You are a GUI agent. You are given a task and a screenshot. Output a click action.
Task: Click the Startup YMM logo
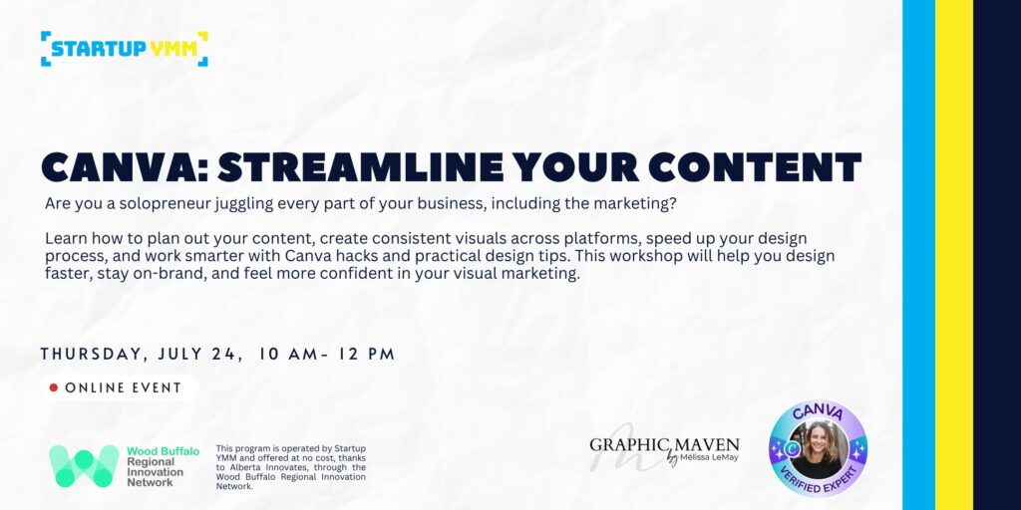click(125, 49)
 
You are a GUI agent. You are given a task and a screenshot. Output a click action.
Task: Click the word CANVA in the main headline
click(121, 167)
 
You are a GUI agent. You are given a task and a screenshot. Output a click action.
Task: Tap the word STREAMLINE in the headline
click(360, 167)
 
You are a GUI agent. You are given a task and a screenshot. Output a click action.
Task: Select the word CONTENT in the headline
click(756, 167)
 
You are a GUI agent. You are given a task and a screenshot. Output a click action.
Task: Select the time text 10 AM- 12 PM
click(327, 355)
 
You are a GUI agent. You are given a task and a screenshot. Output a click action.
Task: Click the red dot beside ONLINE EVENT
click(54, 387)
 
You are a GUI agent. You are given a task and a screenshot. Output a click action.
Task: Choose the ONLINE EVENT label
click(123, 387)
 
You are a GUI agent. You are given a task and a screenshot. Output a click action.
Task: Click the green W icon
click(84, 466)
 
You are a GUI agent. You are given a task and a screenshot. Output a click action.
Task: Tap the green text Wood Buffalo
click(163, 451)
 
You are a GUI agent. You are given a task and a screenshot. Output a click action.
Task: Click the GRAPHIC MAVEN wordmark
click(665, 445)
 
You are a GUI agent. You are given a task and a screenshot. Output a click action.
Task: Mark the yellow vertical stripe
click(954, 255)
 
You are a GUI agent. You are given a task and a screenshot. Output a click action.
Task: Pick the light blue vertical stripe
click(918, 255)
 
